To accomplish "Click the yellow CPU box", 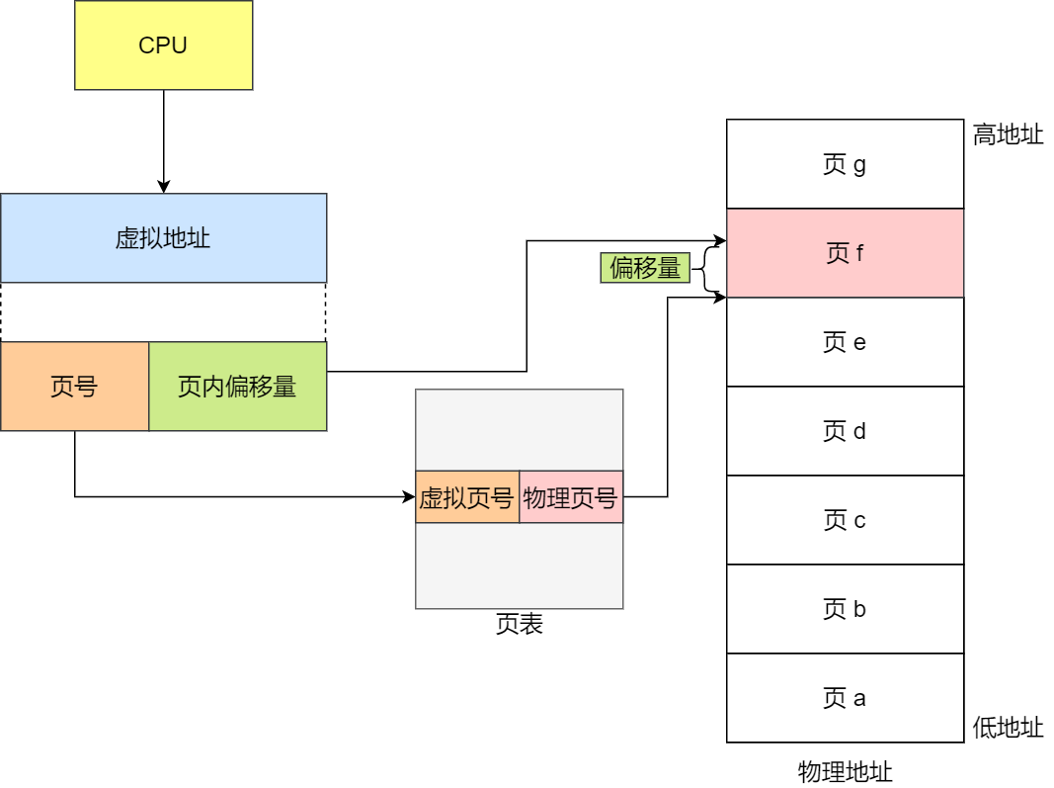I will point(163,45).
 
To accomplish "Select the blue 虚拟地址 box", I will point(163,238).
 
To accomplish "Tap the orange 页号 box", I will point(74,387).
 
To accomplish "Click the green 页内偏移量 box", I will point(237,387).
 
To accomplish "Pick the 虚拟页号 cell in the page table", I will point(466,497).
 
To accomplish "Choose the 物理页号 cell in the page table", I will point(571,497).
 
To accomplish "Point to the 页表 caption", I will point(519,625).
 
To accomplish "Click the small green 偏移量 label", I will point(644,268).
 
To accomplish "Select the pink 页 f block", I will point(845,253).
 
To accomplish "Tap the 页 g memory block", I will point(845,164).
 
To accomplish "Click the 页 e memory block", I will point(845,342).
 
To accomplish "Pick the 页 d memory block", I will point(845,431).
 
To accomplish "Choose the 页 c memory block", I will point(845,520).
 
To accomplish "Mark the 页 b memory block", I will point(845,609).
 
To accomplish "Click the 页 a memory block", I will point(845,698).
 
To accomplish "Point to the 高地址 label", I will point(1008,135).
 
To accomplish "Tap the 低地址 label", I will point(1008,729).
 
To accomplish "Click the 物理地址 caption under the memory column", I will point(845,771).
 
